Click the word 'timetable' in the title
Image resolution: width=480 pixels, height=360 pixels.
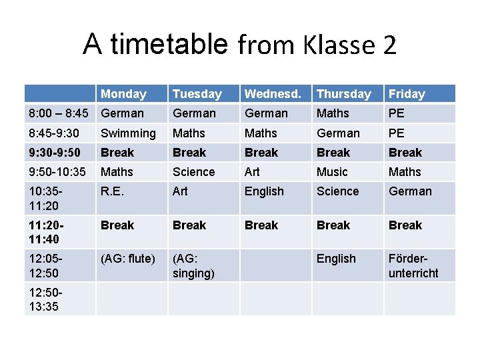point(169,45)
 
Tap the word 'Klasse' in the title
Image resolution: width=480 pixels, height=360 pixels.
point(329,45)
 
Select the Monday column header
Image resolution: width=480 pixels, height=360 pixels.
point(123,94)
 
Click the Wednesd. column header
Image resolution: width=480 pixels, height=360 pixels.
point(273,94)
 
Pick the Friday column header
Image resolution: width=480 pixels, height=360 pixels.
point(406,94)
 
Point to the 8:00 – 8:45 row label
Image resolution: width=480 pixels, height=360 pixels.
point(58,113)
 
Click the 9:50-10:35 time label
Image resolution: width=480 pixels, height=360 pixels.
point(57,172)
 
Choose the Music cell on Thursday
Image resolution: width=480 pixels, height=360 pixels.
point(332,172)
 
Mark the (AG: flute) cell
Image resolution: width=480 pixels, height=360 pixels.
point(127,259)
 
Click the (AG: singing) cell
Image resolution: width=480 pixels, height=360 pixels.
point(193,265)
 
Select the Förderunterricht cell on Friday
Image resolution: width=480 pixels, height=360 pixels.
point(413,265)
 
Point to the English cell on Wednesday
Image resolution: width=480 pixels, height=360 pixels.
point(264,191)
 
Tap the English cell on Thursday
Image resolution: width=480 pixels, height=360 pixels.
point(336,259)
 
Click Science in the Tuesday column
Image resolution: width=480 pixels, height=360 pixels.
point(193,172)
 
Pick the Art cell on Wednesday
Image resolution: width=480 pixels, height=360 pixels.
point(252,172)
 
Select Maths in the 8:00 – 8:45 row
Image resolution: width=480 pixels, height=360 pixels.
point(333,113)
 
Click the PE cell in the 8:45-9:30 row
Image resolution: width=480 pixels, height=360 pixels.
point(396,133)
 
